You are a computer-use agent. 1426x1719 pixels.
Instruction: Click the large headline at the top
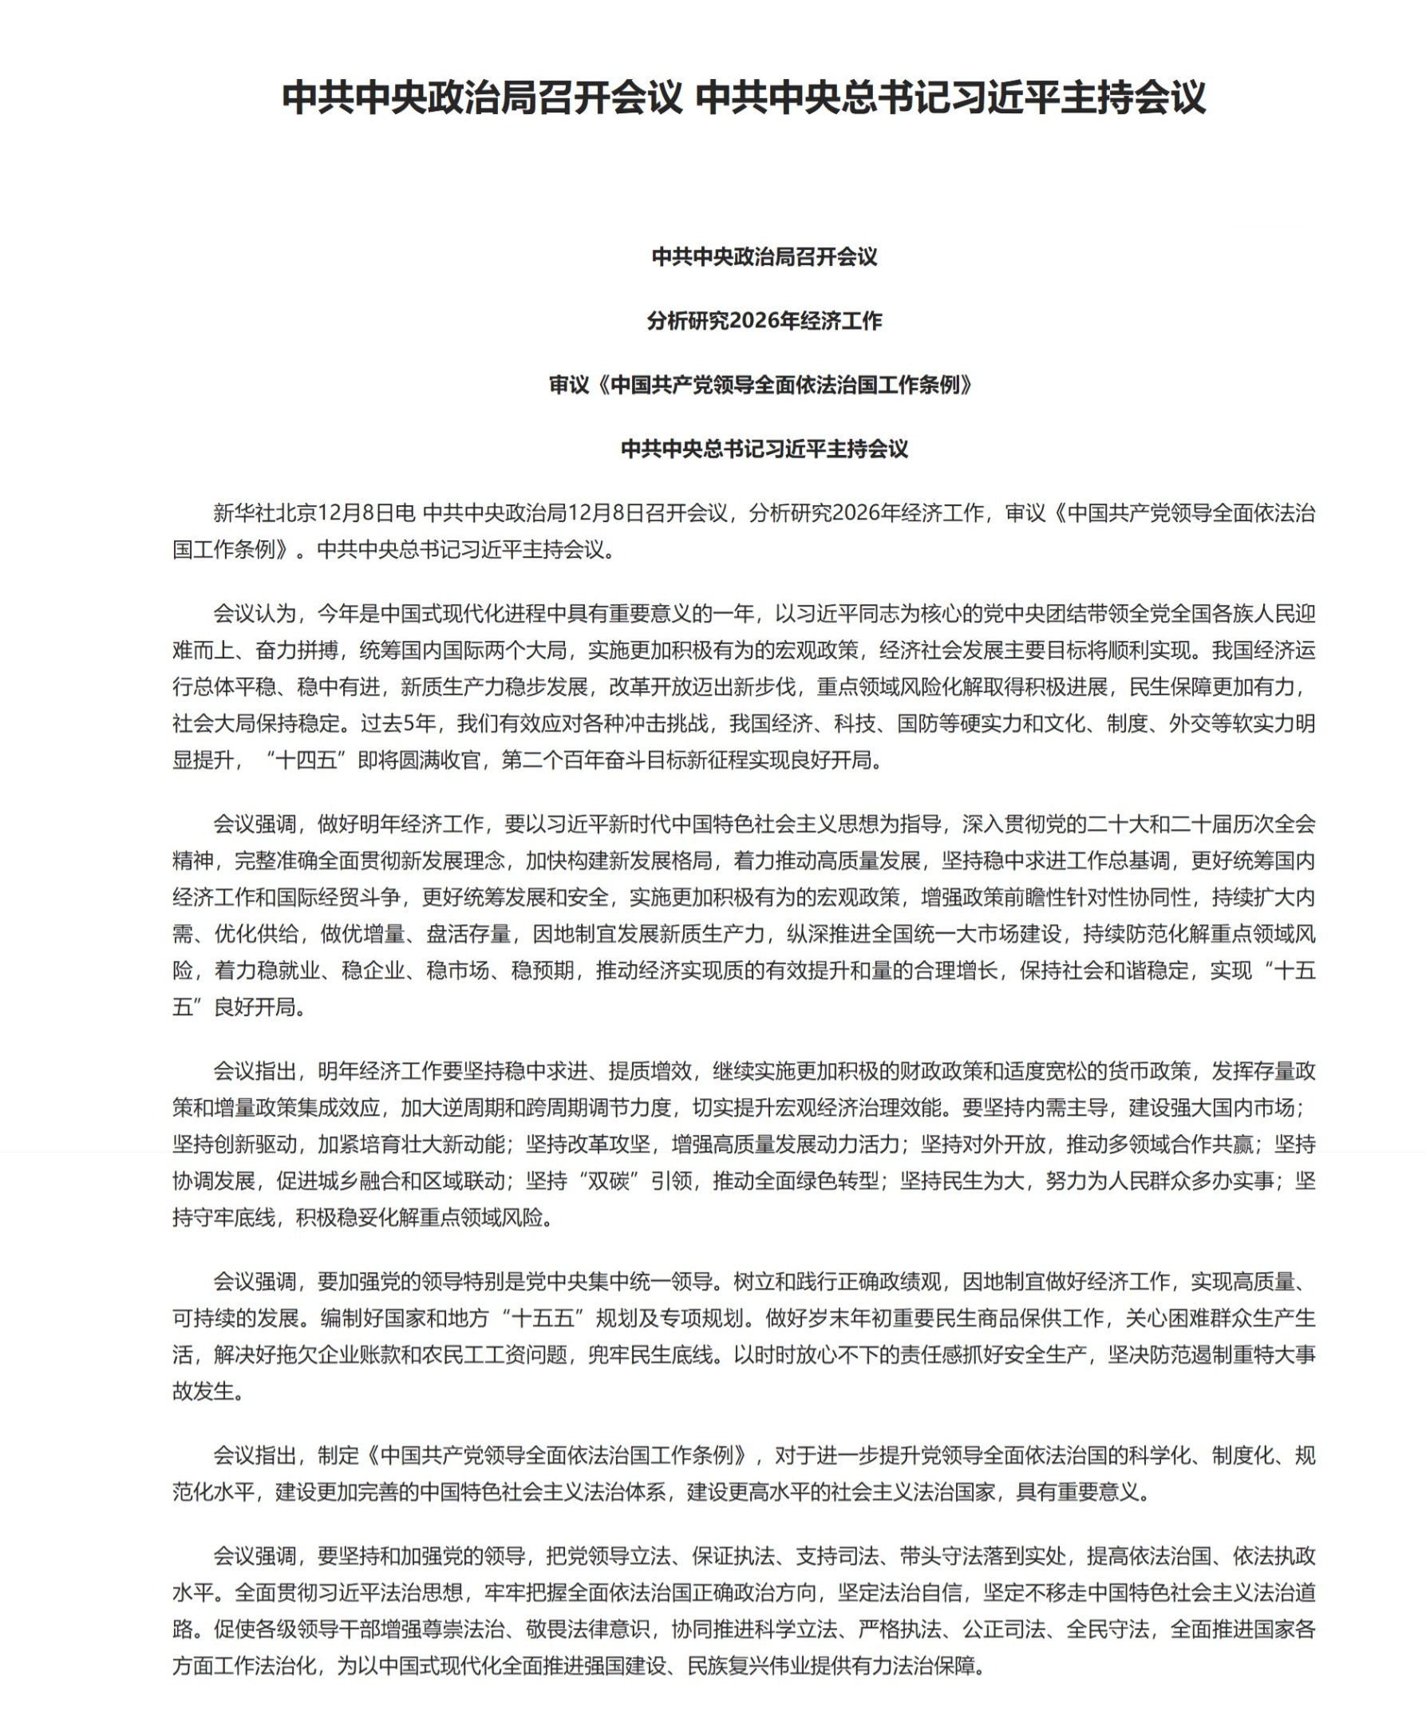click(743, 97)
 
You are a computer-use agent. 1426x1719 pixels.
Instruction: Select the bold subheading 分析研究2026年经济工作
click(764, 321)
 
